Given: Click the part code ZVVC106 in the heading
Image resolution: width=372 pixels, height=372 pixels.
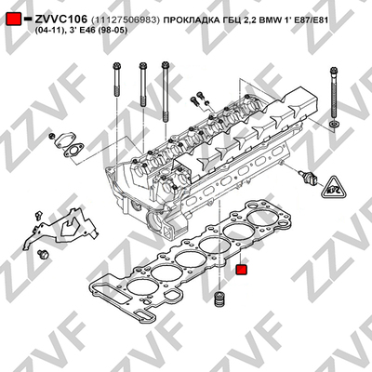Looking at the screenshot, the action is click(61, 20).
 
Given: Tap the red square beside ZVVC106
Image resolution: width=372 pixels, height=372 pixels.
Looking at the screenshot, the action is click(14, 20).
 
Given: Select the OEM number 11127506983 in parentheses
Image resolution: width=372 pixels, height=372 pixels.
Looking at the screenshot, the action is click(126, 20).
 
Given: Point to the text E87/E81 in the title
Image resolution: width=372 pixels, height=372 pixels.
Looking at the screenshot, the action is click(308, 20).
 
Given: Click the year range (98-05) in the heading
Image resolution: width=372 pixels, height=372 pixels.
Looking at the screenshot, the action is click(113, 31).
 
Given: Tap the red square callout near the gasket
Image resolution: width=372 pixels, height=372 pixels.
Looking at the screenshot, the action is click(241, 270).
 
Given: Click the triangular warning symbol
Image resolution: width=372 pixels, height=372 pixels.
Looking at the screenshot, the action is click(334, 187).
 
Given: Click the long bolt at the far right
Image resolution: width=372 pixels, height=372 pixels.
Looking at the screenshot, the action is click(333, 93).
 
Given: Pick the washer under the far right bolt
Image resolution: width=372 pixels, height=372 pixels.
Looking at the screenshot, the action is click(334, 125).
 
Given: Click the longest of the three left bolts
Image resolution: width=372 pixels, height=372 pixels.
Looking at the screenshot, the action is click(166, 92).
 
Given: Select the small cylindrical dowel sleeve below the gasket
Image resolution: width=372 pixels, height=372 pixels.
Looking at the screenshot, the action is click(219, 299).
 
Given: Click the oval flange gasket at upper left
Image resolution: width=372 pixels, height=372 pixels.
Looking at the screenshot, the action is click(73, 151).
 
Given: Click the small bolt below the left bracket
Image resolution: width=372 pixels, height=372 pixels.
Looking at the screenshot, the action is click(43, 255).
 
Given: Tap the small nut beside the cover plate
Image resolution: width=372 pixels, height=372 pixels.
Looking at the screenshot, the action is click(52, 136).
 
